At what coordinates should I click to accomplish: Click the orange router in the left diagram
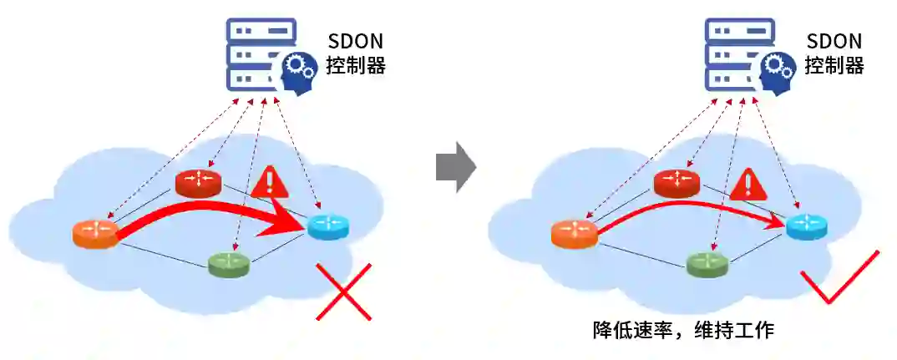tap(95, 234)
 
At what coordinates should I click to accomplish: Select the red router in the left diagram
tap(198, 182)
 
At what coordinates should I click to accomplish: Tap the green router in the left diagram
tap(230, 263)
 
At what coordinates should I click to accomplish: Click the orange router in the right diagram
tap(575, 234)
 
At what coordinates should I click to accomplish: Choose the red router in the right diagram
tap(677, 182)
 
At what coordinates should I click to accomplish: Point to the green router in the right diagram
tap(707, 263)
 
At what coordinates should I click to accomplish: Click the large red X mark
tap(343, 292)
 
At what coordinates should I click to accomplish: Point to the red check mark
tap(839, 278)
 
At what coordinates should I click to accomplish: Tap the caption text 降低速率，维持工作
tap(683, 331)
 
